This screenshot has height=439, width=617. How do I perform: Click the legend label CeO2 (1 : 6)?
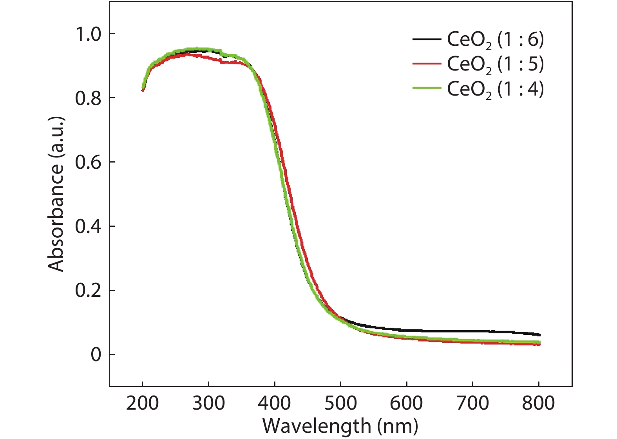(495, 40)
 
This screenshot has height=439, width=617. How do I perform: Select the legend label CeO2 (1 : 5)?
(495, 64)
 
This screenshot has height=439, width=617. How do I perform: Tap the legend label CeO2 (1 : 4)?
(495, 89)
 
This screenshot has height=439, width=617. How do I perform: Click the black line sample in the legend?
(427, 39)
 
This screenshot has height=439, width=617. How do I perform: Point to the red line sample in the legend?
(427, 64)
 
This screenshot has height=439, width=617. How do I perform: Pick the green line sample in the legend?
(427, 89)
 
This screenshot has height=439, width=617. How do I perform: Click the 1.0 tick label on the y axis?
(88, 34)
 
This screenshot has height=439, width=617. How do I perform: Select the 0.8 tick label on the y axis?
(88, 98)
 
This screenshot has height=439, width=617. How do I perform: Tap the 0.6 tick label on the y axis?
(88, 162)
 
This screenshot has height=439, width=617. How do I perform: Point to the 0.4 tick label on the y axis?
(88, 226)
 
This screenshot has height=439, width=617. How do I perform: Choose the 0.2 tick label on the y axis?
(88, 291)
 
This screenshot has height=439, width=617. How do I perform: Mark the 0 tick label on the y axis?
(96, 355)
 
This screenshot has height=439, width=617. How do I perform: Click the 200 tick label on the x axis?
(143, 403)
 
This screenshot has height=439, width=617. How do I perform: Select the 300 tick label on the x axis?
(208, 403)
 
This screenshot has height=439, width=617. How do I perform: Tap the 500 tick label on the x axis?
(341, 403)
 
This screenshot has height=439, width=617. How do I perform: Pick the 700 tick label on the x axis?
(473, 403)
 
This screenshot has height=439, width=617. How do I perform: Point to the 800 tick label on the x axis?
(539, 403)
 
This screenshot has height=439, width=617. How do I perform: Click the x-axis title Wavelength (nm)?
(340, 426)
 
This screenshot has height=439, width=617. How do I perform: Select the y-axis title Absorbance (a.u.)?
(56, 194)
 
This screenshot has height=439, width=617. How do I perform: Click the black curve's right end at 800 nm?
(539, 335)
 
